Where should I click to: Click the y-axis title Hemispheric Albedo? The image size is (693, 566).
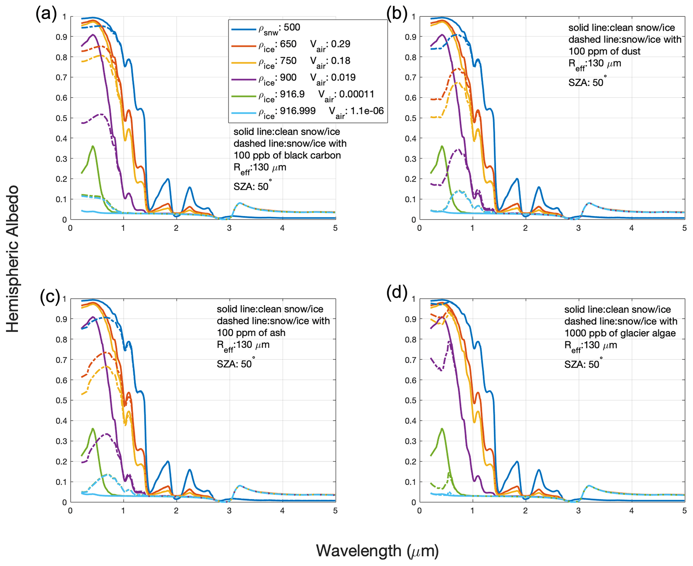[13, 259]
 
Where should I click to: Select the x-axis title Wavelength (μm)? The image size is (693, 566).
[377, 551]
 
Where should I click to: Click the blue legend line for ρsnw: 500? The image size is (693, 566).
[244, 30]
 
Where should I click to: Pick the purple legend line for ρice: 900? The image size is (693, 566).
[244, 79]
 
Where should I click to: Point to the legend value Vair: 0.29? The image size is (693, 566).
[330, 45]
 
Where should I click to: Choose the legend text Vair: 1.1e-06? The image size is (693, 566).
[356, 112]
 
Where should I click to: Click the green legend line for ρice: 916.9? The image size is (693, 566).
[244, 96]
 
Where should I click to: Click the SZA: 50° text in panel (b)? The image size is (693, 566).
[587, 82]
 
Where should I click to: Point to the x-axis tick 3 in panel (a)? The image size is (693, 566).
[229, 228]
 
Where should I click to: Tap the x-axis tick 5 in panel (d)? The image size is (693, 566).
[684, 511]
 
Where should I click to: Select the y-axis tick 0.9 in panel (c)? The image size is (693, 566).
[61, 319]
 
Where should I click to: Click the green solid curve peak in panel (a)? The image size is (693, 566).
[93, 146]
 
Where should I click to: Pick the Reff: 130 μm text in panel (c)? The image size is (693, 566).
[243, 345]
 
